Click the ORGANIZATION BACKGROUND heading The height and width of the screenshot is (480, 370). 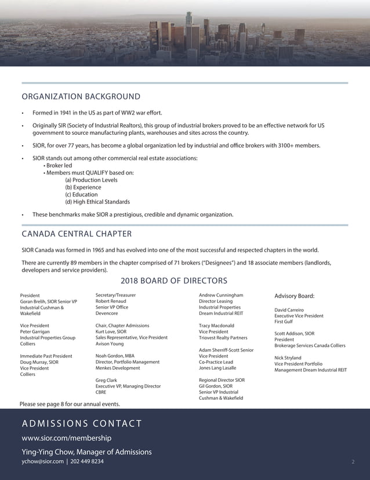[x=81, y=96]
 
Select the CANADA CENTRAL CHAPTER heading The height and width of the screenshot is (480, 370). [x=77, y=234]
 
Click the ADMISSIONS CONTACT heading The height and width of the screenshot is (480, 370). [x=81, y=424]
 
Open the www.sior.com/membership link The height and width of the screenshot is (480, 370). [x=66, y=438]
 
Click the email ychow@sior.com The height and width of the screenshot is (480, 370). [x=42, y=462]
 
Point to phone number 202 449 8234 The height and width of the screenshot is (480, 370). [x=87, y=462]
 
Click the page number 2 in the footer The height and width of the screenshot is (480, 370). [x=353, y=462]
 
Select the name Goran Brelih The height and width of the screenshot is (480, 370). [x=34, y=302]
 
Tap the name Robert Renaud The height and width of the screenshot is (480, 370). [x=111, y=302]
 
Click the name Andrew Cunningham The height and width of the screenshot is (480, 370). [x=221, y=295]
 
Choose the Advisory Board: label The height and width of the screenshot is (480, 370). [x=294, y=296]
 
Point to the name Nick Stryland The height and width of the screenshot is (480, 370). [x=288, y=358]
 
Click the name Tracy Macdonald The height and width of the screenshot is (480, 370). [x=216, y=325]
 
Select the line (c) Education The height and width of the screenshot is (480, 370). [x=81, y=195]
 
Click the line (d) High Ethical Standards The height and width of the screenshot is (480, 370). [x=97, y=202]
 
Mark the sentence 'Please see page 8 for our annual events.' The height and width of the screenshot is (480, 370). [x=70, y=404]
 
